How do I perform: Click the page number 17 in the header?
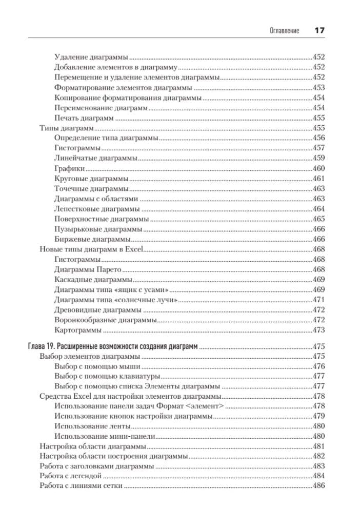click(319, 30)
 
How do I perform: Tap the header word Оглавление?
click(285, 31)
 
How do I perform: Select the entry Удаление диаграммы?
click(91, 57)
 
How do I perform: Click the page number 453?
click(319, 88)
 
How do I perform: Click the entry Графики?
click(69, 168)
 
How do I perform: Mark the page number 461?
click(319, 179)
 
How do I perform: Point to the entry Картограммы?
click(77, 329)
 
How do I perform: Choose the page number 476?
click(319, 366)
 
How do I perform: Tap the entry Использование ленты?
click(91, 426)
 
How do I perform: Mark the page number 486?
click(319, 486)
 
